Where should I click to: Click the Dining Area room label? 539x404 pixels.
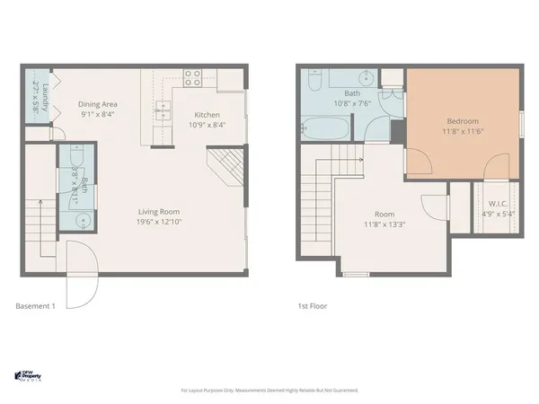click(99, 104)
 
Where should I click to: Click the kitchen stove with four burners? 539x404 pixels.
click(192, 77)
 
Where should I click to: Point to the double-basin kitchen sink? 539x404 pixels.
click(164, 110)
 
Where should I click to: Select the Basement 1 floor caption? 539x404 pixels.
click(36, 306)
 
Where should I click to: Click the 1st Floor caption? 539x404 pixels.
click(313, 306)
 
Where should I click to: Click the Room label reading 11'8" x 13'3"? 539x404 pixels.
click(384, 215)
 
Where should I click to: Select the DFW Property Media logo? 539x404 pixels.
click(33, 375)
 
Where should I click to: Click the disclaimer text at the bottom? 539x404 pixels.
click(269, 391)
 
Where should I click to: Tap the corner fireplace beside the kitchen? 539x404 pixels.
click(225, 168)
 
